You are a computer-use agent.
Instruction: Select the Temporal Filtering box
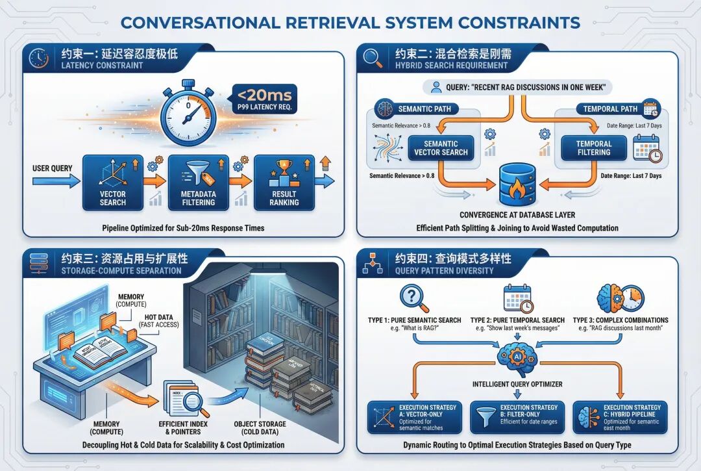pyautogui.click(x=593, y=148)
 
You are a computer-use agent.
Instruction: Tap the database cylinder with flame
pyautogui.click(x=517, y=183)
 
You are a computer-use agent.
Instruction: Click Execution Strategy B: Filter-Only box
pyautogui.click(x=517, y=416)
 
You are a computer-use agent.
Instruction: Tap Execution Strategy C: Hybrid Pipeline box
pyautogui.click(x=619, y=416)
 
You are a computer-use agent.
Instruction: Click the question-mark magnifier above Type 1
pyautogui.click(x=413, y=298)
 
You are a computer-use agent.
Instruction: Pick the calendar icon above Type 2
pyautogui.click(x=518, y=298)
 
